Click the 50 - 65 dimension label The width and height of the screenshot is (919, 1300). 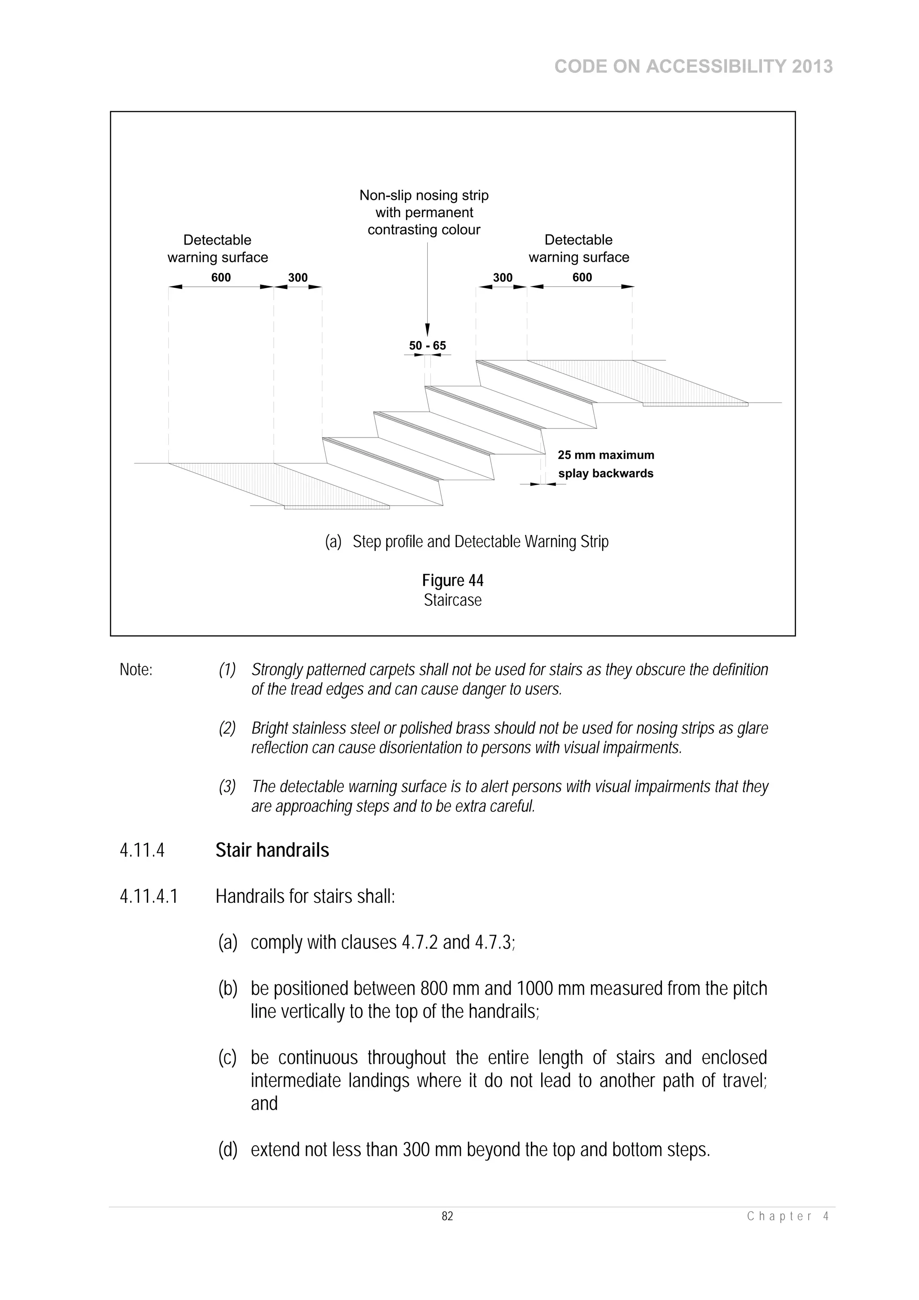(x=428, y=346)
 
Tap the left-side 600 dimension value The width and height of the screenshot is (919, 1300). (x=221, y=277)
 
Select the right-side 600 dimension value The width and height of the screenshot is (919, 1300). (x=582, y=277)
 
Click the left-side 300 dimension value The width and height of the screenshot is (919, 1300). (x=298, y=277)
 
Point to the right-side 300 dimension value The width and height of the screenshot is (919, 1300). (x=502, y=277)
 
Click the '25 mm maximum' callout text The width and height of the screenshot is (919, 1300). (x=606, y=455)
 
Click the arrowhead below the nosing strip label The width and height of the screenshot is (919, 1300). (x=428, y=329)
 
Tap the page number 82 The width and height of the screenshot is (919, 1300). (x=447, y=1216)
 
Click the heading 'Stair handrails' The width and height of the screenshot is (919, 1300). (x=272, y=850)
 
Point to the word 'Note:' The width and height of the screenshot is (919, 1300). (x=136, y=670)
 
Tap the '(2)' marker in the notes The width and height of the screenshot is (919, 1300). (x=227, y=728)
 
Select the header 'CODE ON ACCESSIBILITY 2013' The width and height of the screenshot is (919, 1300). (x=693, y=67)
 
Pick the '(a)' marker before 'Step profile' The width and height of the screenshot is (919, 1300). (x=333, y=542)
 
